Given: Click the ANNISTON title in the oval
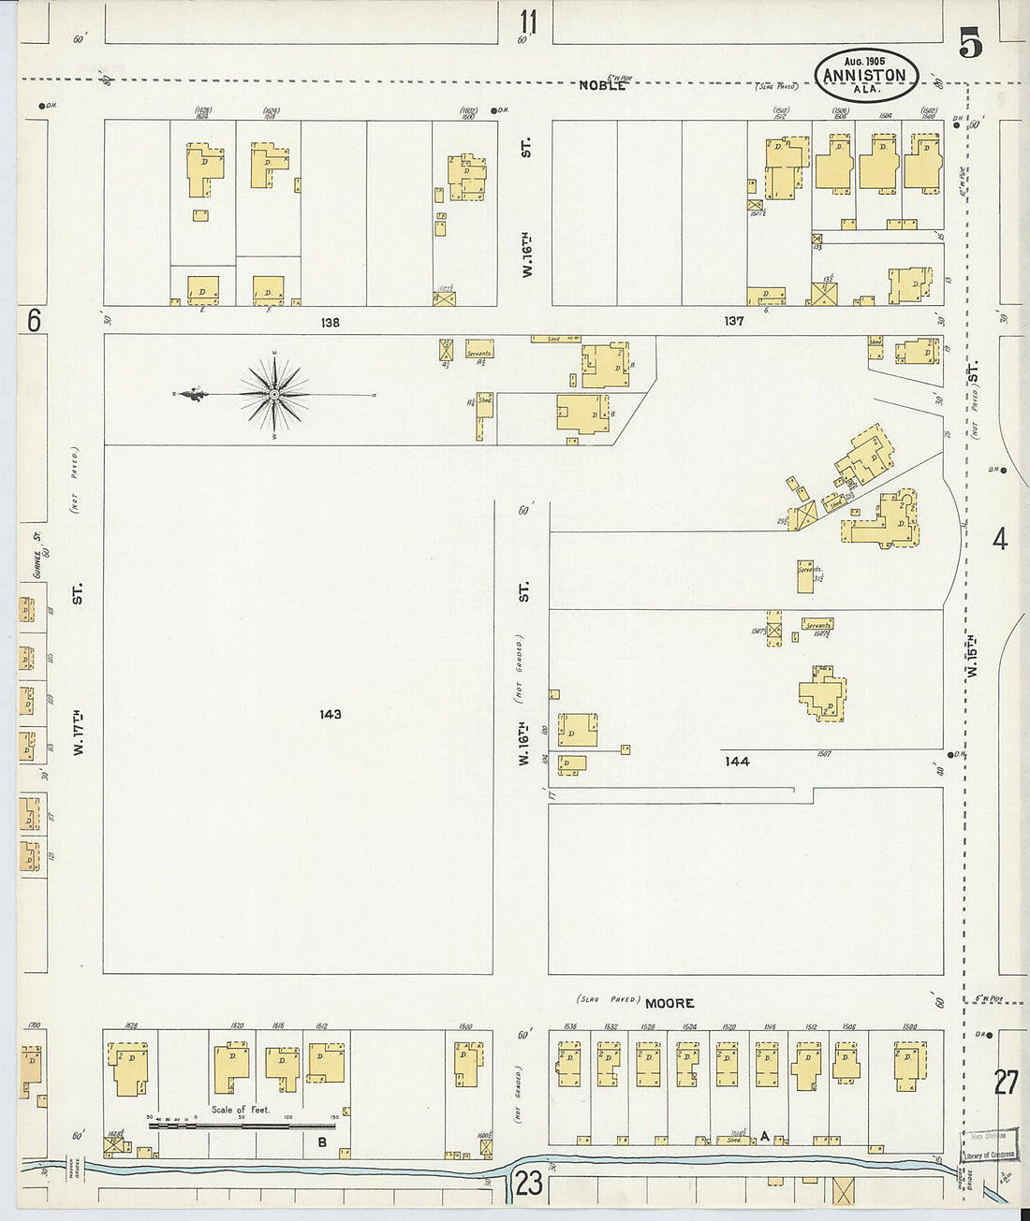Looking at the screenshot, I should click(x=865, y=77).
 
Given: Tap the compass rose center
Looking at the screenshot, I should click(x=274, y=395).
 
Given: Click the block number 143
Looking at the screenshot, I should click(x=330, y=715).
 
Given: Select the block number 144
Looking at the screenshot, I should click(x=737, y=762).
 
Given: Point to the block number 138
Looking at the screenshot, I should click(x=330, y=323).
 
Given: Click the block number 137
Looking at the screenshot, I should click(x=733, y=321).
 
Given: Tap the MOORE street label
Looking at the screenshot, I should click(x=669, y=1003).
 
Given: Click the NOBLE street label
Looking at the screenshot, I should click(x=601, y=85).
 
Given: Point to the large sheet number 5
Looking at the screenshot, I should click(x=970, y=44).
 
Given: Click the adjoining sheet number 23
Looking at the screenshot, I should click(x=528, y=1184).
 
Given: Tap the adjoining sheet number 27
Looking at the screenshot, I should click(x=1006, y=1083).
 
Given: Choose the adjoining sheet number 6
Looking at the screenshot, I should click(x=35, y=321).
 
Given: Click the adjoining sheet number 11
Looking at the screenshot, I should click(x=529, y=20).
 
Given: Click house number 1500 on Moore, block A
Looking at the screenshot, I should click(x=909, y=1026).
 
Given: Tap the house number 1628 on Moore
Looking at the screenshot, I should click(x=130, y=1026).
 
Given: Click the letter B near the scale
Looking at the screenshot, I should click(x=321, y=1141).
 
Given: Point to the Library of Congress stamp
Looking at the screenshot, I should click(x=989, y=1148).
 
